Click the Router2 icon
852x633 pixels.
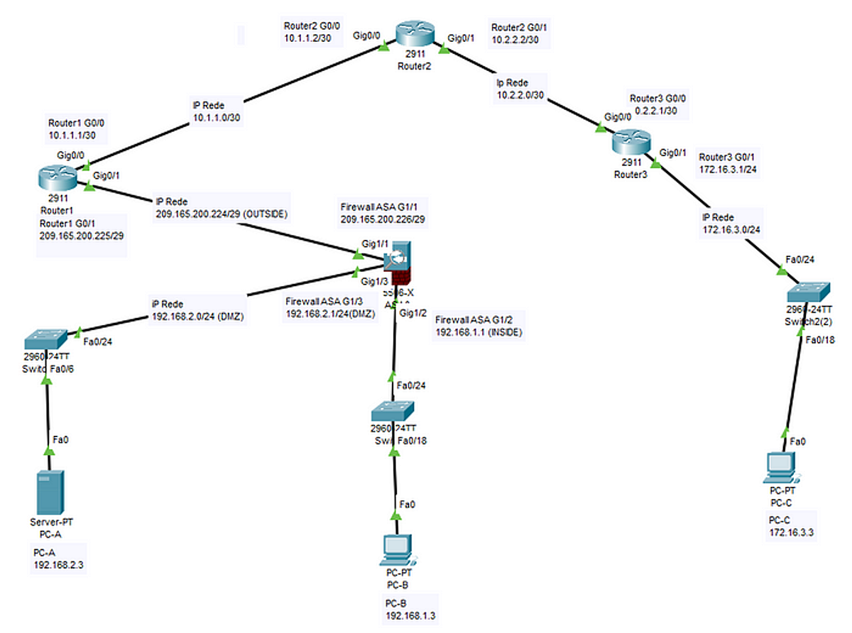[x=415, y=34]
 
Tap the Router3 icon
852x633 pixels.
[x=630, y=144]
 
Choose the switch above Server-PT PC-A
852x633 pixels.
[x=45, y=338]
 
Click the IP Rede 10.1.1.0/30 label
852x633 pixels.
[x=218, y=112]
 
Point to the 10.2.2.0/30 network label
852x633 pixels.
[x=520, y=94]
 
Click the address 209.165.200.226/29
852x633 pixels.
[x=383, y=221]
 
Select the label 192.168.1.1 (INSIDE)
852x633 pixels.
[x=479, y=331]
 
